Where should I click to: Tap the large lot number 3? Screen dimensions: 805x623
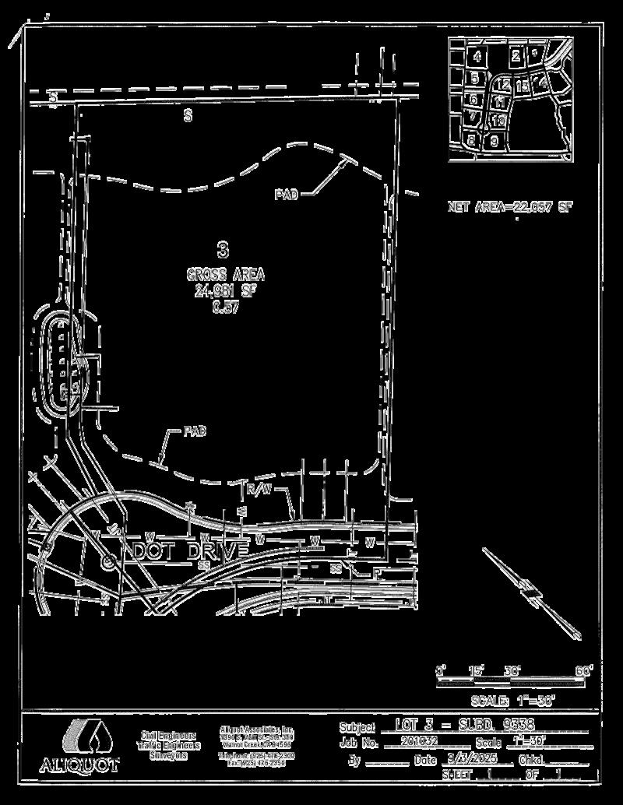tap(224, 250)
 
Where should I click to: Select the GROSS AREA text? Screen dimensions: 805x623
tap(225, 275)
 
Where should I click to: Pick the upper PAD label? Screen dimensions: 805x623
tap(286, 195)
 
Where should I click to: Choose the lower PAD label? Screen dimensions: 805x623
tap(195, 431)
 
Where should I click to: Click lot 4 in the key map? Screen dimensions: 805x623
tap(477, 56)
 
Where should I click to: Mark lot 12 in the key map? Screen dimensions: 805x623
tap(503, 84)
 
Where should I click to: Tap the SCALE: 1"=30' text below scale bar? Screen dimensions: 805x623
tap(512, 700)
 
